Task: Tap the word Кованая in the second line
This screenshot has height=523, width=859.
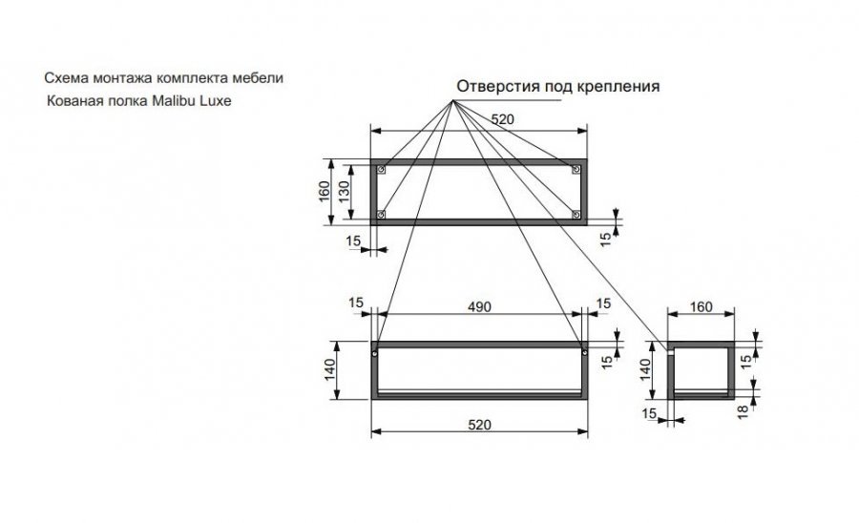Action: click(x=71, y=99)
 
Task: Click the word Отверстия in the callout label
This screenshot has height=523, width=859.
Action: click(x=494, y=86)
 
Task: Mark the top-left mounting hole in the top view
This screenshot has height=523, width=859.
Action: click(x=382, y=170)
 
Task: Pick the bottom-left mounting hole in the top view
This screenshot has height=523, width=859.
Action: click(x=382, y=214)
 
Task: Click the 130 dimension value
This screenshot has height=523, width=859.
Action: click(x=345, y=192)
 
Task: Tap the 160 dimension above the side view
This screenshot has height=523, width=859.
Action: click(x=701, y=307)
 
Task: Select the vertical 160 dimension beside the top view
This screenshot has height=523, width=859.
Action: click(x=324, y=192)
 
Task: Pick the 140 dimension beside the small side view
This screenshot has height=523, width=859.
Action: click(x=645, y=370)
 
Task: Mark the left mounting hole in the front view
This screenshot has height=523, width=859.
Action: click(x=374, y=352)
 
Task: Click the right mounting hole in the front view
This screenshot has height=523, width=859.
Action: click(x=583, y=352)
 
